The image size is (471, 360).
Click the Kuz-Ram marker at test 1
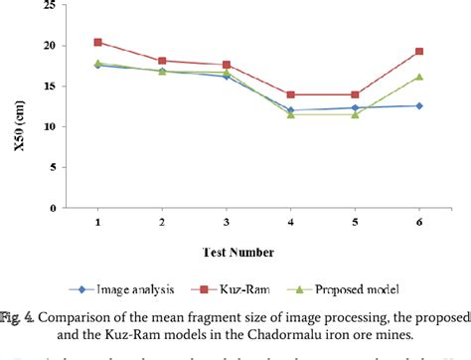[97, 43]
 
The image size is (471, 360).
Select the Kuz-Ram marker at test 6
[419, 52]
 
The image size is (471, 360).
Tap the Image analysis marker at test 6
[419, 105]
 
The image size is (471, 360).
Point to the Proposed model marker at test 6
[419, 77]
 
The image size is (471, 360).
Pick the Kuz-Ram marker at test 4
[290, 94]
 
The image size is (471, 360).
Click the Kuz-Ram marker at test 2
[162, 61]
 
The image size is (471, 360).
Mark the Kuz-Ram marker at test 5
[355, 94]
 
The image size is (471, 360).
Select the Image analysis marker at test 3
[227, 76]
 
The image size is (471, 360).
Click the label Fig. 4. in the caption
[17, 318]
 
